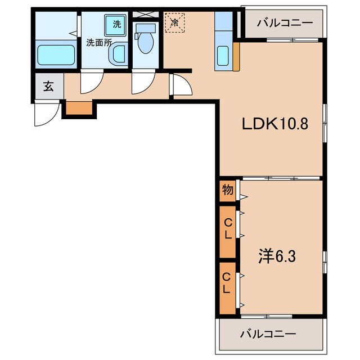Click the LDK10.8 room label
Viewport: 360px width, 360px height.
coord(275,124)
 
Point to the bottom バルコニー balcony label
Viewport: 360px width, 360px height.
coord(268,334)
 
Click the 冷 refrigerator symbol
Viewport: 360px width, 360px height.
coord(174,23)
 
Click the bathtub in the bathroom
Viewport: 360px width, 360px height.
coord(56,55)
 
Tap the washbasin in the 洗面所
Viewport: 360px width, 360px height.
coord(118,55)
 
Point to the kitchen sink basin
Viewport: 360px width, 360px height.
coord(223,57)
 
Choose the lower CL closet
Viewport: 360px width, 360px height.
coord(227,283)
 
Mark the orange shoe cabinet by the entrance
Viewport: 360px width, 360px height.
coord(79,107)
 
